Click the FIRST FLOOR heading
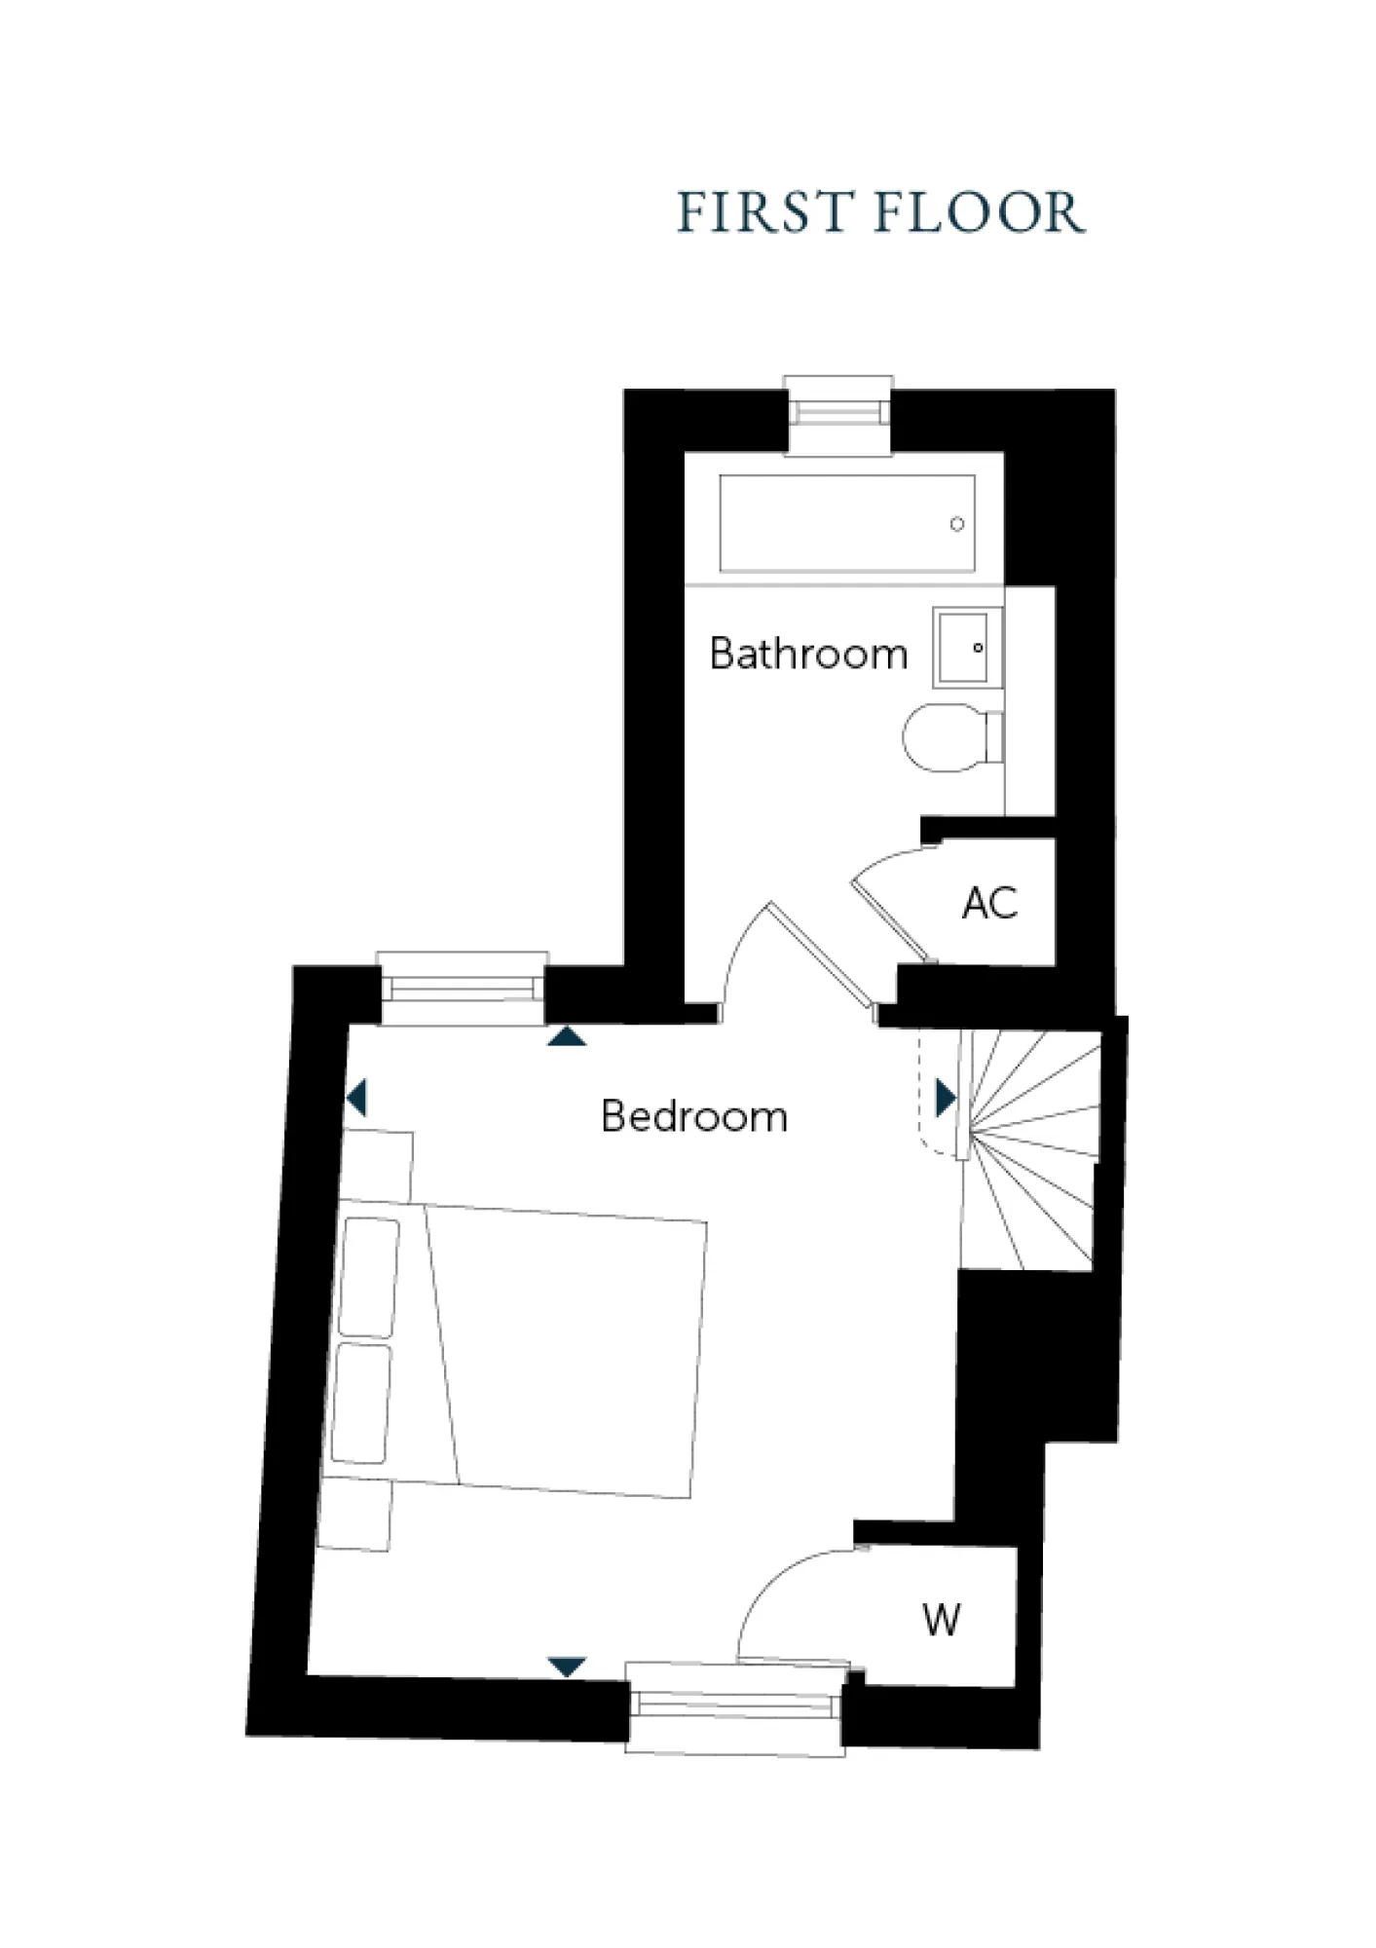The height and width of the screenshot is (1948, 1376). coord(880,212)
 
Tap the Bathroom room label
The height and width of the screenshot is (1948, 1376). coord(808,654)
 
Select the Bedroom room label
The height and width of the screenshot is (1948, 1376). coord(694,1116)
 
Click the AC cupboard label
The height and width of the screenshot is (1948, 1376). coord(989,903)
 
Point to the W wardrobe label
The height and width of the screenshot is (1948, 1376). coord(941,1620)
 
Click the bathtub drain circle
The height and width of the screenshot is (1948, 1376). coord(957,524)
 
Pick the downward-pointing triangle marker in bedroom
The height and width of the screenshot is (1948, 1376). coord(567,1667)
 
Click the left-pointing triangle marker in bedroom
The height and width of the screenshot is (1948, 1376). coord(356,1098)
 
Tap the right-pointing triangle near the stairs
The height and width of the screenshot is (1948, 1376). coord(945,1098)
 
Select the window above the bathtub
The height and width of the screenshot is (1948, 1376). coord(838,414)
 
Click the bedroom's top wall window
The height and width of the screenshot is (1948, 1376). coord(462,988)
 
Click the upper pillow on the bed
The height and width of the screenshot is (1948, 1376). coord(369,1277)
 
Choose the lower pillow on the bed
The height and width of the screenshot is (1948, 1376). coord(361,1403)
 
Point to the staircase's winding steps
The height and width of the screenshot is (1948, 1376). coord(1032,1149)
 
